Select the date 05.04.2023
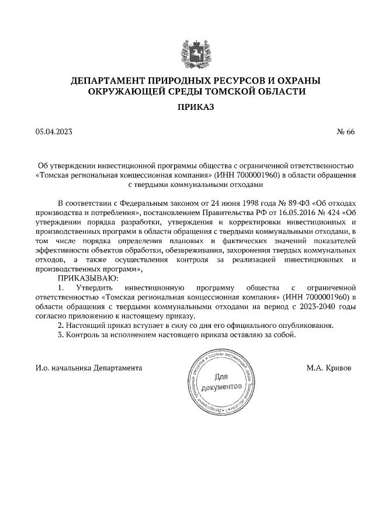coord(53,132)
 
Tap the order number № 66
coord(346,132)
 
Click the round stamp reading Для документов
coord(220,383)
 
